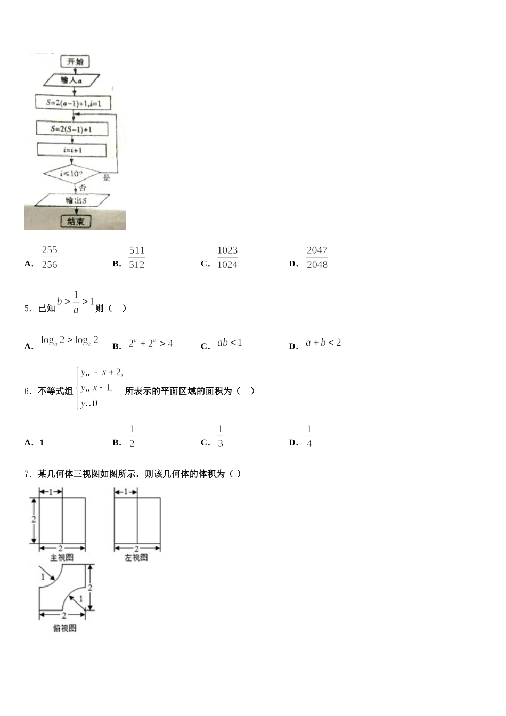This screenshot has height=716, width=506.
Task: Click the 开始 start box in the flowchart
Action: [75, 62]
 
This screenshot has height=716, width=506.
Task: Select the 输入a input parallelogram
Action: [71, 80]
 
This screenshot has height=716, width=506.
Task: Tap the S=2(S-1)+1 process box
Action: [72, 129]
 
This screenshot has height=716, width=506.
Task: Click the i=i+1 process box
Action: [72, 150]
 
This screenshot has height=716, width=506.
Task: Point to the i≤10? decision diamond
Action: [71, 174]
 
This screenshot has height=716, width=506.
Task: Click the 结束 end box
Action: [76, 221]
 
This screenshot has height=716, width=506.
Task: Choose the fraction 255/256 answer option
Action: [50, 257]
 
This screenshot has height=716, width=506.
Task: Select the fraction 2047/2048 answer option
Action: [317, 257]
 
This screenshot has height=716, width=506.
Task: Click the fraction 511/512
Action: [137, 257]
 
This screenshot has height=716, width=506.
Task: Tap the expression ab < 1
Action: [230, 343]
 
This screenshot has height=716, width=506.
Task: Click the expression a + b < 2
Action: [323, 343]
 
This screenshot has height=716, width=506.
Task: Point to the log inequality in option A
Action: [70, 340]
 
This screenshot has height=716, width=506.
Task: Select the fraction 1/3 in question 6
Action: [220, 436]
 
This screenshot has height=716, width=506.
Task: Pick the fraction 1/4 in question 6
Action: [309, 436]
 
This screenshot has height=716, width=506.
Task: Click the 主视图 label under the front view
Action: [62, 558]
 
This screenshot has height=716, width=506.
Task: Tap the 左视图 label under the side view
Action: [136, 558]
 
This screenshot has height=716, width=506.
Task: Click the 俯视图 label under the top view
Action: [65, 629]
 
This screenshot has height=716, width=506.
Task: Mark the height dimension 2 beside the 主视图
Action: [34, 519]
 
